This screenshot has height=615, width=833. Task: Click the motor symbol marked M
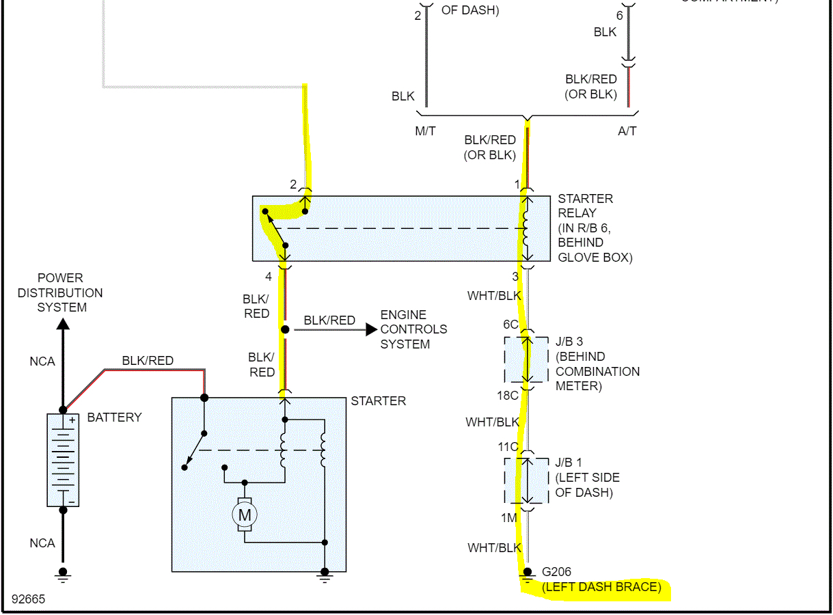tap(244, 515)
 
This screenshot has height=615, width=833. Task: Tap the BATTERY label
tap(114, 418)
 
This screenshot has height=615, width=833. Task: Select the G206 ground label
tap(556, 572)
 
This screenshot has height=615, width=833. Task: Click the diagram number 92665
tap(28, 599)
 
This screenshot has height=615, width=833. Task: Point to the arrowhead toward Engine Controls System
tap(371, 329)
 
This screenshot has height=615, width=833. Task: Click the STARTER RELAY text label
tap(586, 206)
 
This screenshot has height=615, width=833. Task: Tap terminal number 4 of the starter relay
tap(269, 277)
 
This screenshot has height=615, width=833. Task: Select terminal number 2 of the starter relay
tap(293, 184)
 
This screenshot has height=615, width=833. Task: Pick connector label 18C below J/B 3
tap(508, 395)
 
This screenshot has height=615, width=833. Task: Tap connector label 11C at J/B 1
tap(508, 447)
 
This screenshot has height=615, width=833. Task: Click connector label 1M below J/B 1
tap(508, 518)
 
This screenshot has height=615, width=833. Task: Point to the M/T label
tap(425, 131)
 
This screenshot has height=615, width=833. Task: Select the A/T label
tap(627, 131)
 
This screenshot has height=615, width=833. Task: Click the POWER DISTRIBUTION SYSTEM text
tap(61, 292)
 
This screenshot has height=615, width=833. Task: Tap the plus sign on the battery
tap(71, 420)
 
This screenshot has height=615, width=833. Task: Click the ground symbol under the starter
tap(325, 575)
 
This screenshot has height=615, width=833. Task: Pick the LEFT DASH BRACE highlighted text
tap(601, 587)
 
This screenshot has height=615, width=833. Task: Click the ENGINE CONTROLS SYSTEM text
tap(413, 329)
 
